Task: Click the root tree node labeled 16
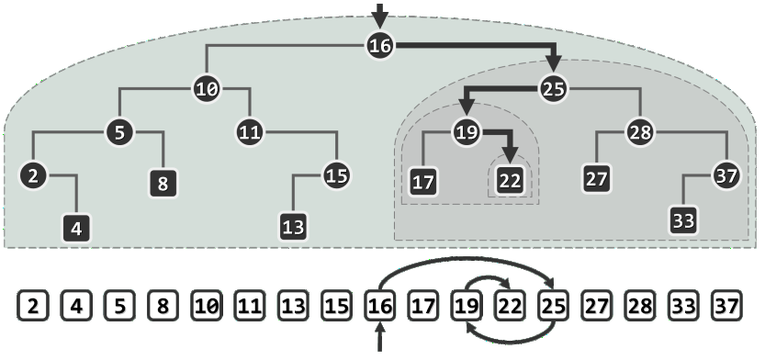click(380, 46)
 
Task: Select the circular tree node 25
click(554, 89)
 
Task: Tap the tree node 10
click(207, 89)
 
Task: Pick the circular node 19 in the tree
click(467, 133)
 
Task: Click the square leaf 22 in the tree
click(510, 180)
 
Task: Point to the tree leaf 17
click(422, 180)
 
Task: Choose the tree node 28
click(639, 133)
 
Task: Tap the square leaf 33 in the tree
click(683, 221)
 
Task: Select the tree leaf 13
click(293, 226)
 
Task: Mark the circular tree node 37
click(726, 177)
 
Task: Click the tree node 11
click(249, 133)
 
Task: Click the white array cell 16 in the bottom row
click(379, 303)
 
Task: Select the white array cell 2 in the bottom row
click(33, 303)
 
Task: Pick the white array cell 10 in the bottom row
click(207, 303)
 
